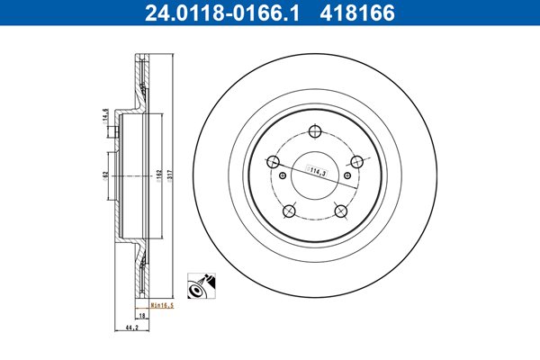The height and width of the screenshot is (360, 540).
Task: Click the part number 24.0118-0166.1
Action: click(222, 13)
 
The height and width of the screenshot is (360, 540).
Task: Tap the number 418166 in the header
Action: click(357, 13)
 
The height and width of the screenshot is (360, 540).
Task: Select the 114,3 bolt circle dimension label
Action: click(317, 170)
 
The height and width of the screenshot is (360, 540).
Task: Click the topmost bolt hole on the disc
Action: click(315, 131)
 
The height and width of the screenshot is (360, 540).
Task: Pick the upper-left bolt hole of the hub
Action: click(273, 161)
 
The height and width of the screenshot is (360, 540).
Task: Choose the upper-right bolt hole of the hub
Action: click(356, 161)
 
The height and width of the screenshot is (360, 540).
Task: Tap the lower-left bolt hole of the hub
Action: click(289, 211)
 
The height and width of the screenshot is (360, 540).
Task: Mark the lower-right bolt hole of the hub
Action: click(341, 211)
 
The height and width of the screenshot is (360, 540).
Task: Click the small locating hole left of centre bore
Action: click(283, 175)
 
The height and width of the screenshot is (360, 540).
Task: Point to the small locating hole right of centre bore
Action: click(347, 175)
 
